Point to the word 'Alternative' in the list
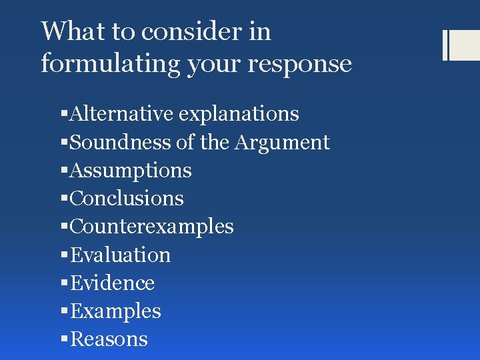(122, 114)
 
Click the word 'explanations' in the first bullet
(239, 114)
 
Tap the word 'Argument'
(289, 142)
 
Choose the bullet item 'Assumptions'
(131, 171)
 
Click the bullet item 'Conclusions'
(127, 199)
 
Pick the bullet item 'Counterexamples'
(151, 227)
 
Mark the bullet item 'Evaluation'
(120, 255)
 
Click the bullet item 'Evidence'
(112, 283)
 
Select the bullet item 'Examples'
(115, 311)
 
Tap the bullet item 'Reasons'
(109, 339)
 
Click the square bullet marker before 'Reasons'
(64, 340)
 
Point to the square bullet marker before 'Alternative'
(64, 115)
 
